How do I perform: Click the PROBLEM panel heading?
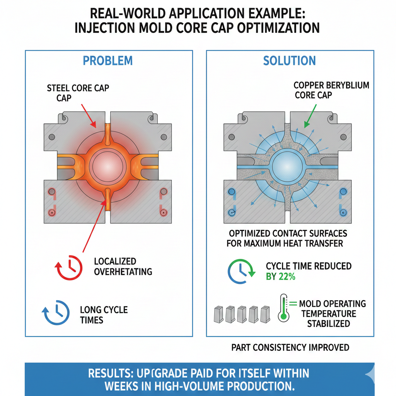(x=108, y=61)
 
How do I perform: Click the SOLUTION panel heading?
(x=289, y=61)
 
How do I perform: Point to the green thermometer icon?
(x=284, y=308)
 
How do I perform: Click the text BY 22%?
(x=280, y=277)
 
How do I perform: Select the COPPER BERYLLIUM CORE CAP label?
(x=331, y=90)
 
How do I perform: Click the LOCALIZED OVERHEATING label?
(x=123, y=266)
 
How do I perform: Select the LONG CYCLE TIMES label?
(x=104, y=315)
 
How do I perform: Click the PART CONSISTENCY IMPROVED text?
(x=290, y=347)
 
